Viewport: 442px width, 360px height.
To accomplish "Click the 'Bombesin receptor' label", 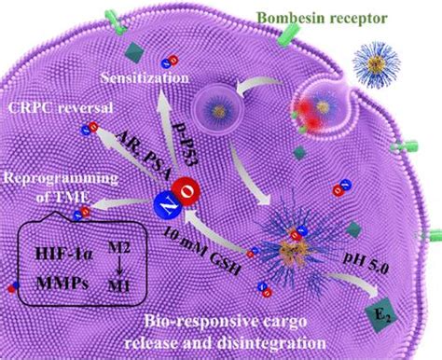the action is (323, 18).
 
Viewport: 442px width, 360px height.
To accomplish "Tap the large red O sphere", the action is (186, 192).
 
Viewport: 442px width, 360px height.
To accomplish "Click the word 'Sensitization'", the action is (145, 77).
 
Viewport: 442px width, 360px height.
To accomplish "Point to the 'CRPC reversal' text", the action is (61, 108).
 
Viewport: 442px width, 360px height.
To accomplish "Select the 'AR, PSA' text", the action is (144, 154).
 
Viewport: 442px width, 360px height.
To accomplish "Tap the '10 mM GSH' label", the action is (202, 251).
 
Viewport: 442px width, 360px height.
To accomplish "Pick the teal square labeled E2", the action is (381, 315).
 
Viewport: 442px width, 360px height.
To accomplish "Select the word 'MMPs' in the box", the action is (62, 284).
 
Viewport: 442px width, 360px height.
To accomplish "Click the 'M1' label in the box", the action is (118, 285).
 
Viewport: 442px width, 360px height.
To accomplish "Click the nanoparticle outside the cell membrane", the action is (377, 64).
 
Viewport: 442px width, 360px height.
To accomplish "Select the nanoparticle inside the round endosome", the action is (219, 110).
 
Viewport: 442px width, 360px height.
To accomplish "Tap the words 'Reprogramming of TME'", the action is (62, 187).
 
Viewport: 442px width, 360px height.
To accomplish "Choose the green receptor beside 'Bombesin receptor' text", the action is (289, 35).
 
